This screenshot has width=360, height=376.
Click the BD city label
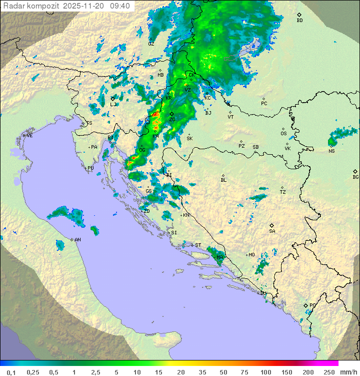point(299,21)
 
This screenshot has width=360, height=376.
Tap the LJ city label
point(113,105)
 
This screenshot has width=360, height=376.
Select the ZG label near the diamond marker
point(172,120)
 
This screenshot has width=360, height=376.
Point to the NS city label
point(331,151)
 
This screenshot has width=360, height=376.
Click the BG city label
point(355,177)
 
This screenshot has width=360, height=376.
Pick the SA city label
point(272,231)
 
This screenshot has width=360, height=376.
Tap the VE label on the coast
point(29,136)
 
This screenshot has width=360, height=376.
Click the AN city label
point(77,240)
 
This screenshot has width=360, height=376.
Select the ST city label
point(198,245)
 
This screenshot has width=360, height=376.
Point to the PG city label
point(312,305)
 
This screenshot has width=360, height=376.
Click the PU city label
point(90,168)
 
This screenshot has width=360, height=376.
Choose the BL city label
point(223,180)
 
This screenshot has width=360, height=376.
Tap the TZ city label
point(282,192)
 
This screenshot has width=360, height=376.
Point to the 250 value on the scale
point(328,371)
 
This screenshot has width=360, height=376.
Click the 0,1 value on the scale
point(11,371)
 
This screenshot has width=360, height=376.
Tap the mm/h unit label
point(348,371)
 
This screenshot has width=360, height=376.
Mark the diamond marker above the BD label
point(299,15)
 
